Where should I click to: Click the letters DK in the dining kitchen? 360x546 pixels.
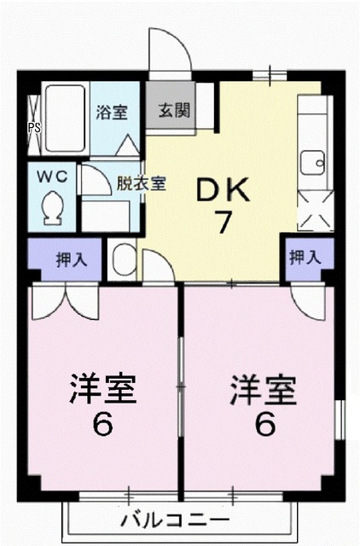pyautogui.click(x=224, y=190)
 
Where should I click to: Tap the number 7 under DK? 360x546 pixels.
pyautogui.click(x=224, y=223)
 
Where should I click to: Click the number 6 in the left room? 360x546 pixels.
pyautogui.click(x=102, y=424)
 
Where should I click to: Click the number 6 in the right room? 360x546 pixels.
pyautogui.click(x=264, y=424)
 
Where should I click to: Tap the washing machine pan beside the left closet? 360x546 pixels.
pyautogui.click(x=123, y=258)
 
